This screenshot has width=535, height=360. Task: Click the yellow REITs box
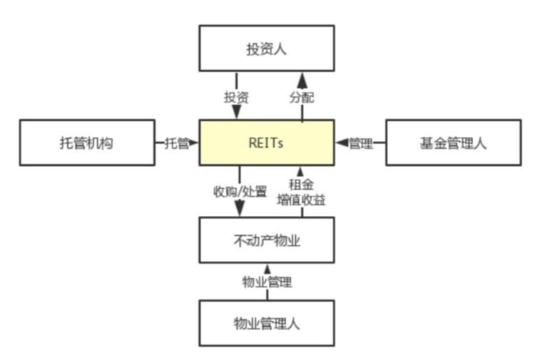(x=266, y=143)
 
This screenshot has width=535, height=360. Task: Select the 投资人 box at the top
(x=266, y=48)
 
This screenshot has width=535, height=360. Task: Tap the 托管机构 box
(x=86, y=143)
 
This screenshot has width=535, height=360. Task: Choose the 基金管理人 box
(x=452, y=143)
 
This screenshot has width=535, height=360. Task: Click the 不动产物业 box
(x=266, y=240)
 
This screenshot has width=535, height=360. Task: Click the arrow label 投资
(x=236, y=98)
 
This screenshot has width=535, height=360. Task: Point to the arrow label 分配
(x=302, y=98)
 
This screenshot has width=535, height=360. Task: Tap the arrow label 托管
(x=177, y=143)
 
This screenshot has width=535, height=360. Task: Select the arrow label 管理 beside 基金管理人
(x=360, y=143)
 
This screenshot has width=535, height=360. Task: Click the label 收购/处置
(x=240, y=192)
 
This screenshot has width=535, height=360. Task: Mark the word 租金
(x=301, y=185)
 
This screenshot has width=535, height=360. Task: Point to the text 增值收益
(x=301, y=200)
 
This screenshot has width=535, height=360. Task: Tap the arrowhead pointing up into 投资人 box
(x=302, y=78)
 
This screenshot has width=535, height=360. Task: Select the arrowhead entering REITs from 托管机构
(x=194, y=143)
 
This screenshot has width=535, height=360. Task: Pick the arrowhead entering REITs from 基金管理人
(x=340, y=143)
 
